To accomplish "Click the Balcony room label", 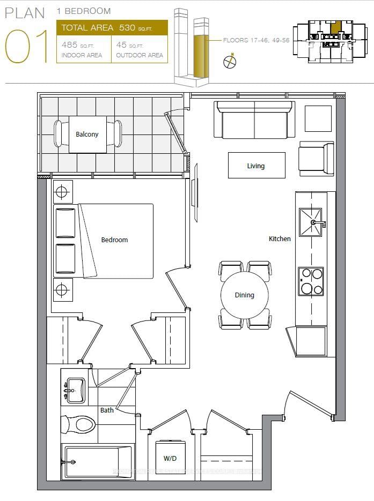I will click(87, 134).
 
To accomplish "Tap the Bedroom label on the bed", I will click(114, 240).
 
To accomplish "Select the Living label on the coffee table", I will click(255, 166).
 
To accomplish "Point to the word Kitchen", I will click(280, 238).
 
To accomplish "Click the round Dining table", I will click(245, 295).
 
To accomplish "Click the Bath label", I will click(107, 410).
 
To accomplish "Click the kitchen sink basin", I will click(311, 222).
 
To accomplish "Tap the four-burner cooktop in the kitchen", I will click(311, 281).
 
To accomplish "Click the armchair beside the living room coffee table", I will click(316, 159).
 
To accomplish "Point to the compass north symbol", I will click(230, 61).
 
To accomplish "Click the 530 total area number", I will click(128, 28).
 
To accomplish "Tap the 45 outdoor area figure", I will click(122, 45).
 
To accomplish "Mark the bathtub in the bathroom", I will click(97, 462).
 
